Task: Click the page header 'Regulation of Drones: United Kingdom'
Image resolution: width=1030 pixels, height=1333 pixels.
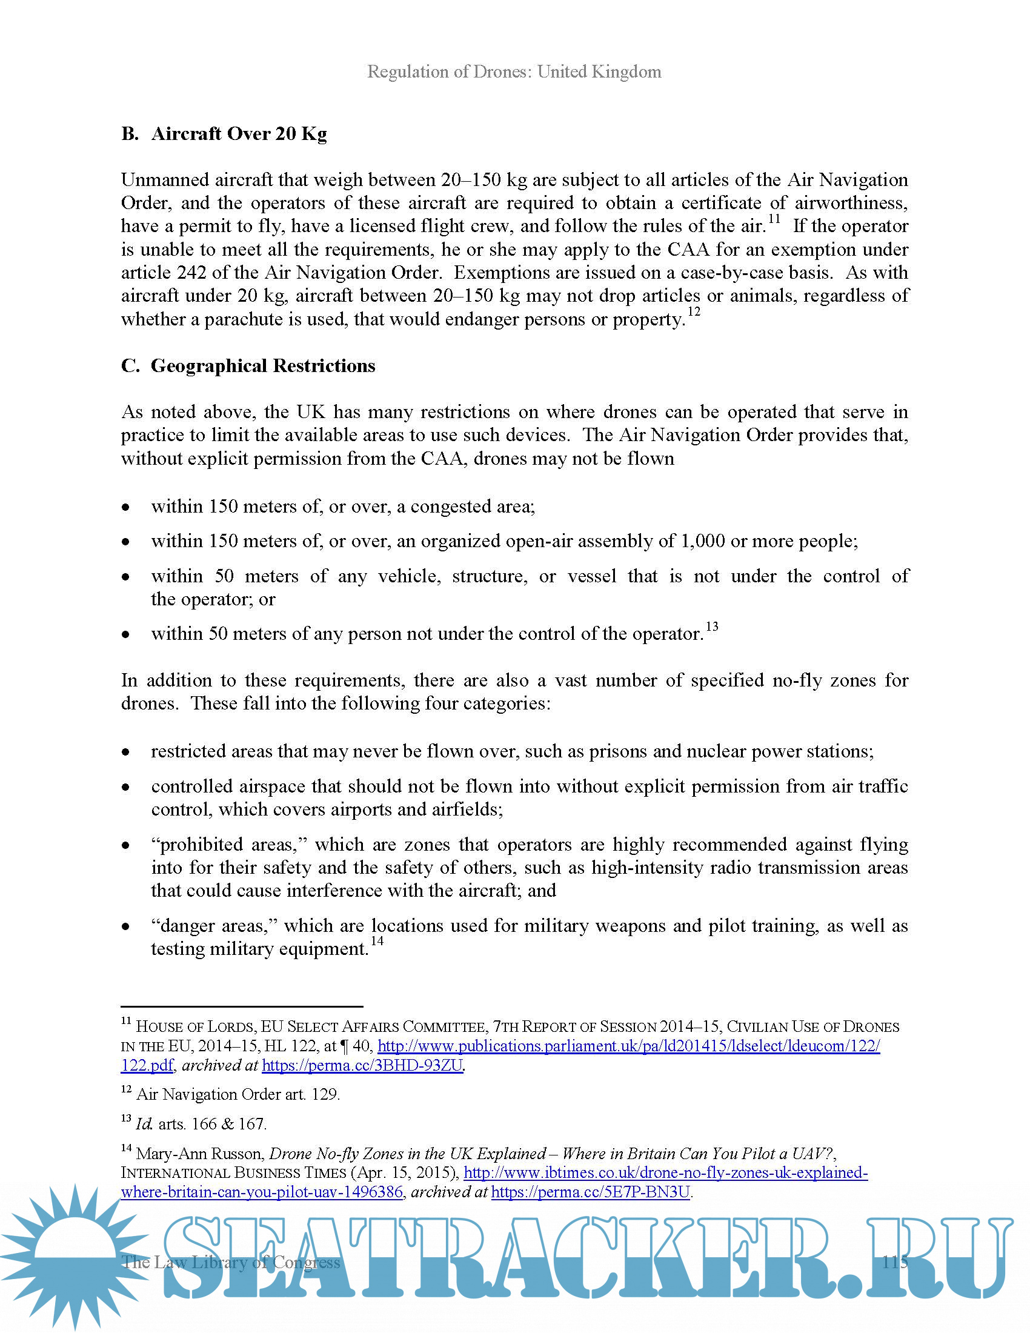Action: (x=514, y=72)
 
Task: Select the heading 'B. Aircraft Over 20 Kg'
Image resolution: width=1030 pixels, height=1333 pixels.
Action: (x=224, y=134)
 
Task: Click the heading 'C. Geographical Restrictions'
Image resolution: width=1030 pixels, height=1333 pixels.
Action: (x=248, y=365)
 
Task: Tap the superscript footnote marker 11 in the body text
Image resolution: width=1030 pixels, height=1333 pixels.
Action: (x=774, y=219)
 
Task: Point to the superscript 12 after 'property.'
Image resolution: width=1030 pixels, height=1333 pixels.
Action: (x=694, y=312)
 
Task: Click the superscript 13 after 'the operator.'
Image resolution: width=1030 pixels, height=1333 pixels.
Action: (x=711, y=627)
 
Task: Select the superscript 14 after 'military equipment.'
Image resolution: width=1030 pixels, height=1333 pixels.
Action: (x=377, y=940)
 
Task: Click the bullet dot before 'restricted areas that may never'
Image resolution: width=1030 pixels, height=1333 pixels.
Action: (x=125, y=752)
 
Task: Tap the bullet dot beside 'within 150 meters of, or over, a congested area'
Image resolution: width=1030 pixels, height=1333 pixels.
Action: (x=125, y=507)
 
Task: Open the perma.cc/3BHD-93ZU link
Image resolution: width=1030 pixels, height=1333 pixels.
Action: (x=362, y=1066)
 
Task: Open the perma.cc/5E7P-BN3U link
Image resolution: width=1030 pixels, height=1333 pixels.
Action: (x=590, y=1192)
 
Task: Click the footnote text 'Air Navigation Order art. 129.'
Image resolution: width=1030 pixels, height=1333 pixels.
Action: (x=238, y=1094)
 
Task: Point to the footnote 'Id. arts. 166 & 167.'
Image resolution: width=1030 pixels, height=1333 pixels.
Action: (x=201, y=1124)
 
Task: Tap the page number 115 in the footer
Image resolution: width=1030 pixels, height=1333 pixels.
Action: (x=894, y=1262)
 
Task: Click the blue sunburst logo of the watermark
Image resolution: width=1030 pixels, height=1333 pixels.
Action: (x=73, y=1257)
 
